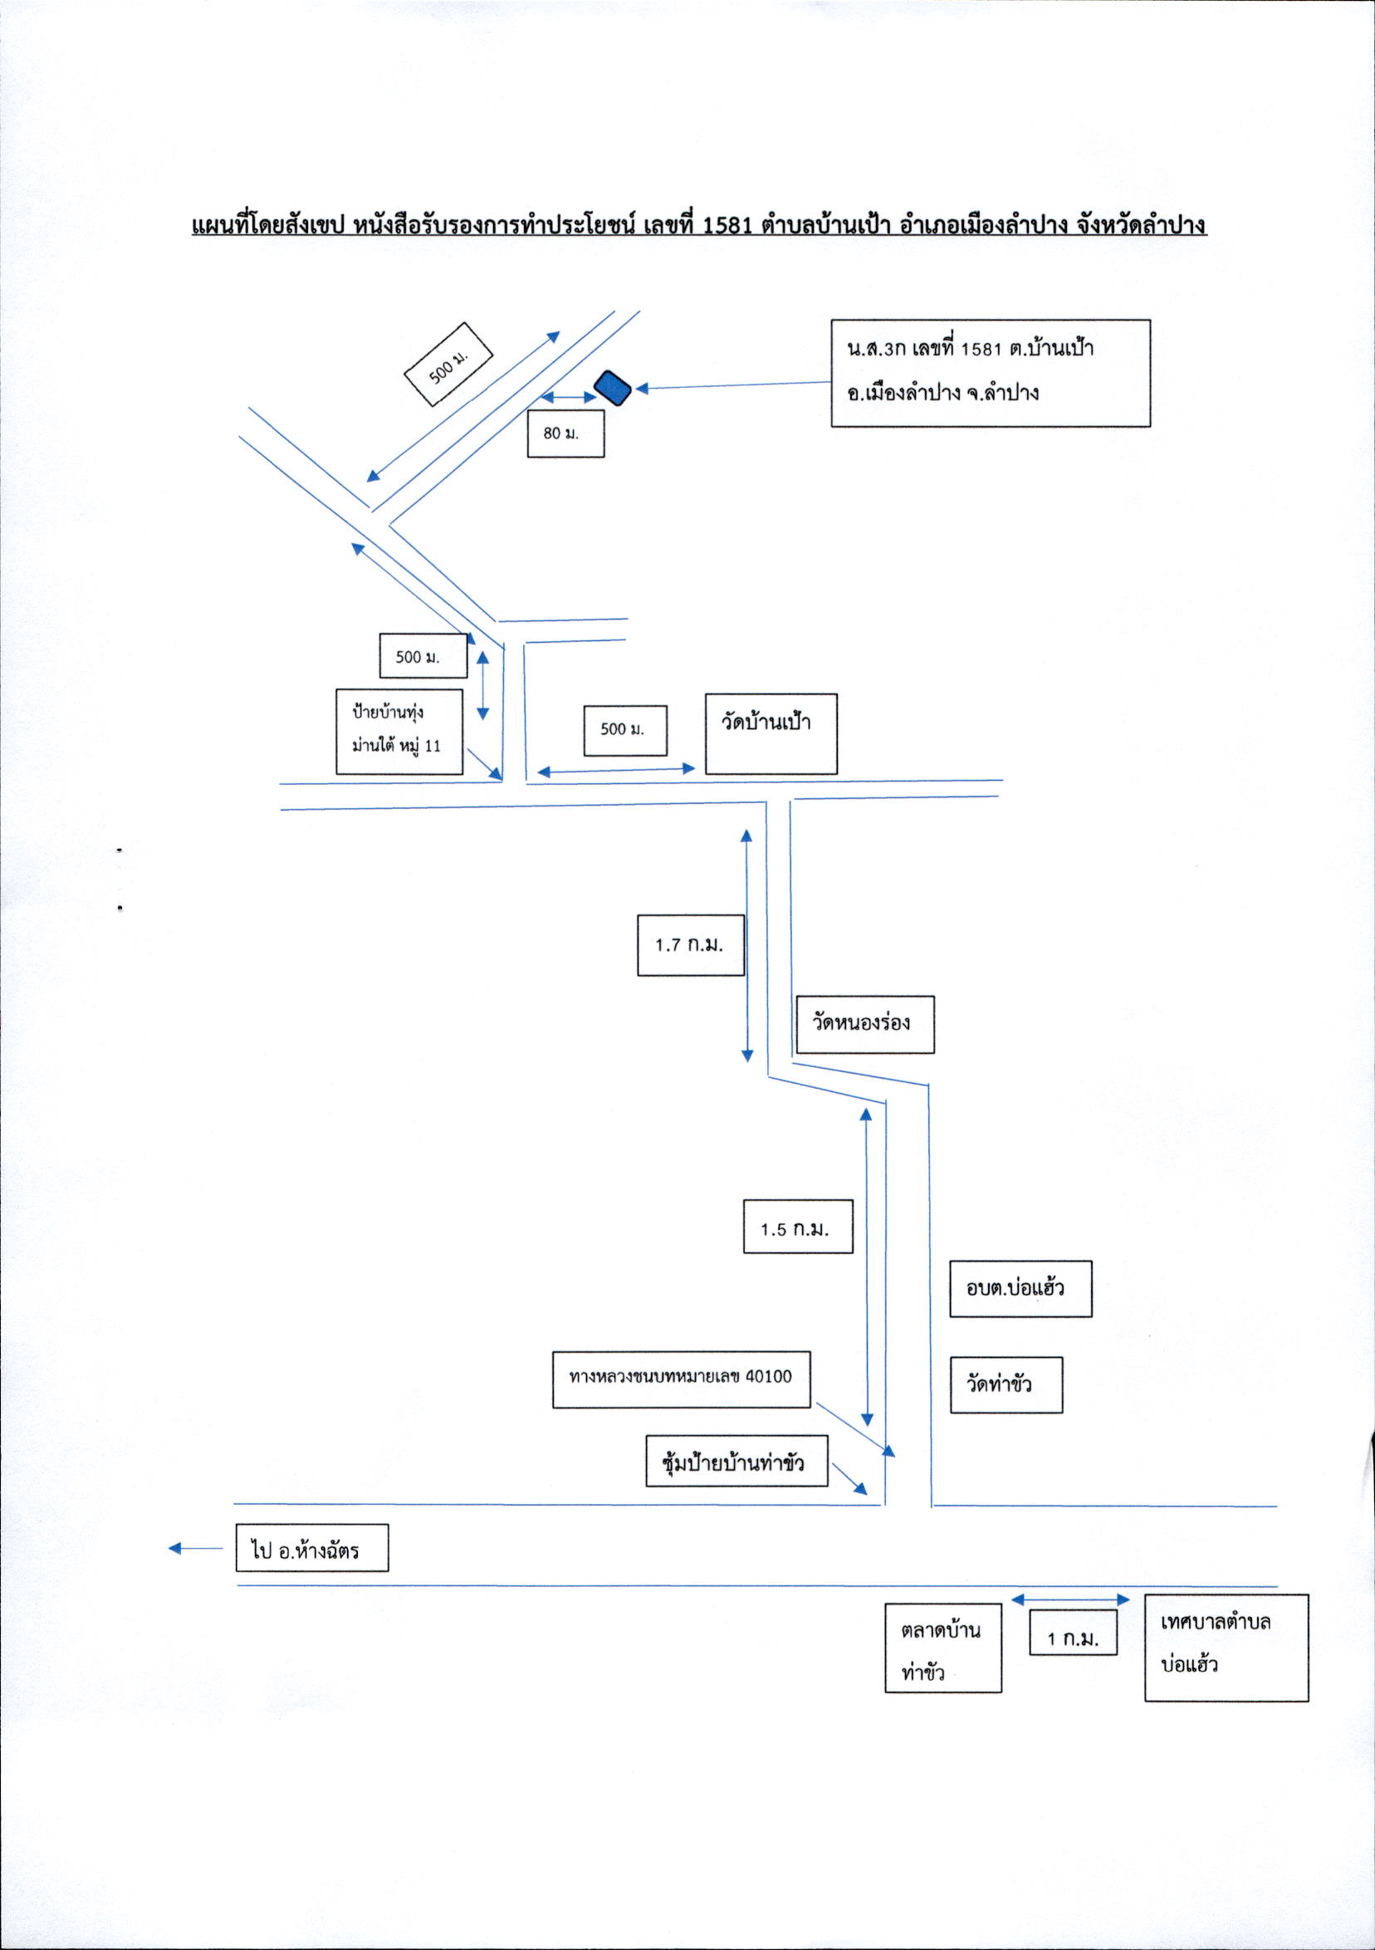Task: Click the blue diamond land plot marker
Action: coord(612,388)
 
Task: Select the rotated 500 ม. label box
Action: coord(449,365)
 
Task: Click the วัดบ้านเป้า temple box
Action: coord(771,734)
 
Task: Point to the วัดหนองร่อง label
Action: coord(863,1024)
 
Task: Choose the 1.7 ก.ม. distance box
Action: coord(692,944)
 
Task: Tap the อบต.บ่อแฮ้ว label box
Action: coord(1020,1288)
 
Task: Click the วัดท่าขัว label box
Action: coord(1006,1384)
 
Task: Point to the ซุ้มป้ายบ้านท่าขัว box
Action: coord(736,1461)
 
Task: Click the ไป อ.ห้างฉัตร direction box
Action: coord(311,1547)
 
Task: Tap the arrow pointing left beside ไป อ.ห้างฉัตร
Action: coord(195,1548)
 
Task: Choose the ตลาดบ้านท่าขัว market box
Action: coord(942,1648)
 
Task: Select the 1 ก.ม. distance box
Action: coord(1073,1632)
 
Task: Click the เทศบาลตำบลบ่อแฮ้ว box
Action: coord(1226,1647)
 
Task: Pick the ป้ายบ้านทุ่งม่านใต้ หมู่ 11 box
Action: coord(399,731)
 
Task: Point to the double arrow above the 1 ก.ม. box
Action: coord(1070,1600)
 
